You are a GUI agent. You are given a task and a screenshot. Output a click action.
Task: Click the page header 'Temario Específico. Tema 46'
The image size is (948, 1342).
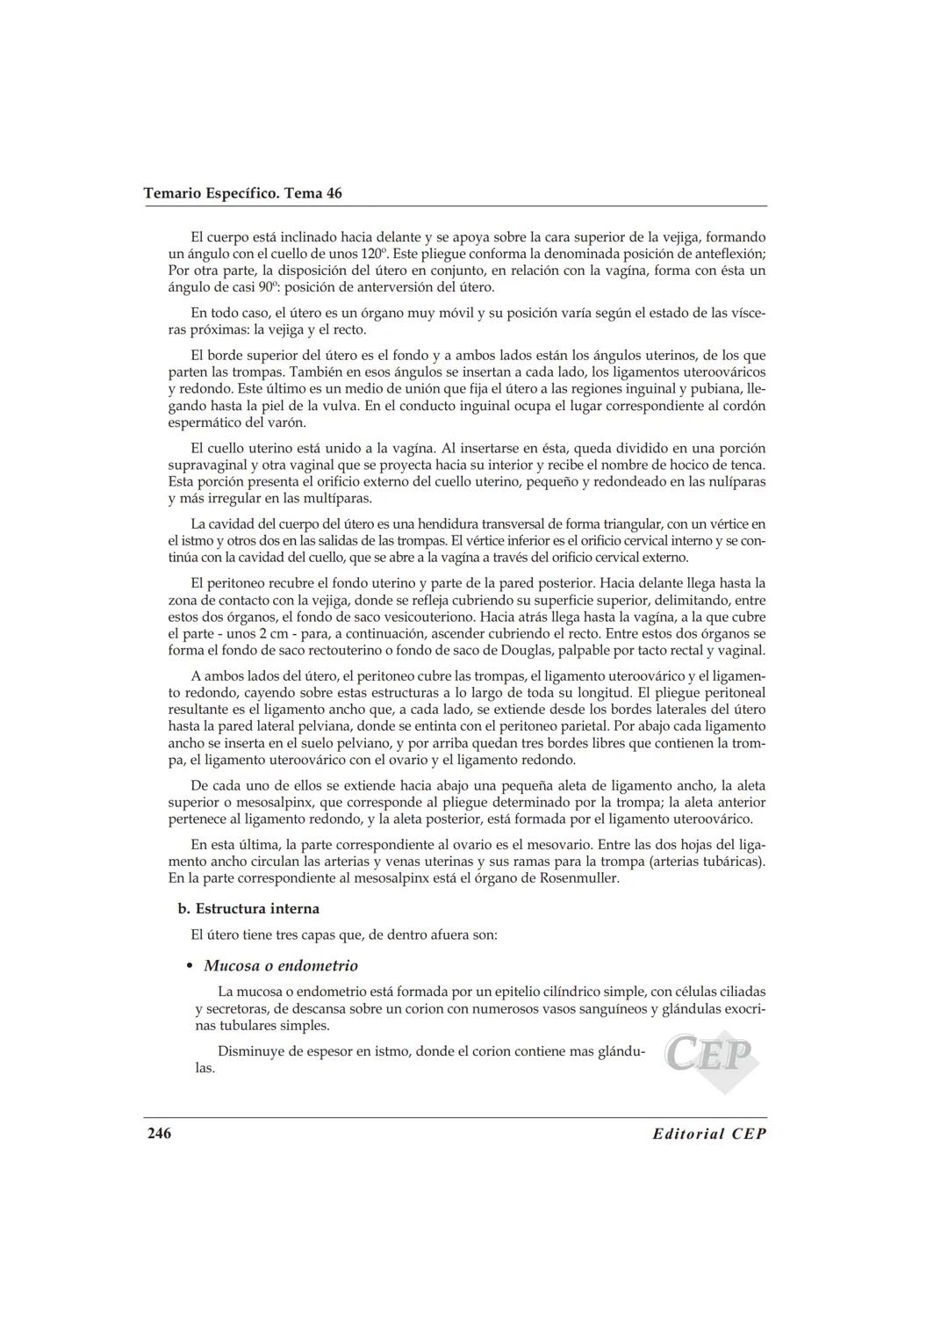coord(242,193)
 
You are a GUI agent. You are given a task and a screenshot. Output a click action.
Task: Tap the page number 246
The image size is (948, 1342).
coord(159,1133)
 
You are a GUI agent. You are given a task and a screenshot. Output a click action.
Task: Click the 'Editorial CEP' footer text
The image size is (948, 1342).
coord(709,1134)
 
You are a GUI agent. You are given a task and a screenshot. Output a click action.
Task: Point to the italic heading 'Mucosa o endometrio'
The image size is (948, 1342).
coord(281,966)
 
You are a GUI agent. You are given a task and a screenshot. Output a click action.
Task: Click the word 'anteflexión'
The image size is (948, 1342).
coord(729,254)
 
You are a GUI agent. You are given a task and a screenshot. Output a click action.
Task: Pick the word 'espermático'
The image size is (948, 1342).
coord(205,422)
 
